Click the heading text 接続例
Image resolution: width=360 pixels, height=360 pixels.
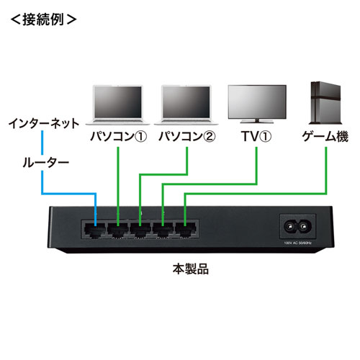pyautogui.click(x=45, y=19)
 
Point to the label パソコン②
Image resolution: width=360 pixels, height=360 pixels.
pyautogui.click(x=185, y=136)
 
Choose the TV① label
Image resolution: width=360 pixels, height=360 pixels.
pyautogui.click(x=257, y=136)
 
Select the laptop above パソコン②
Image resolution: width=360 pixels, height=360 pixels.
pyautogui.click(x=186, y=104)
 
